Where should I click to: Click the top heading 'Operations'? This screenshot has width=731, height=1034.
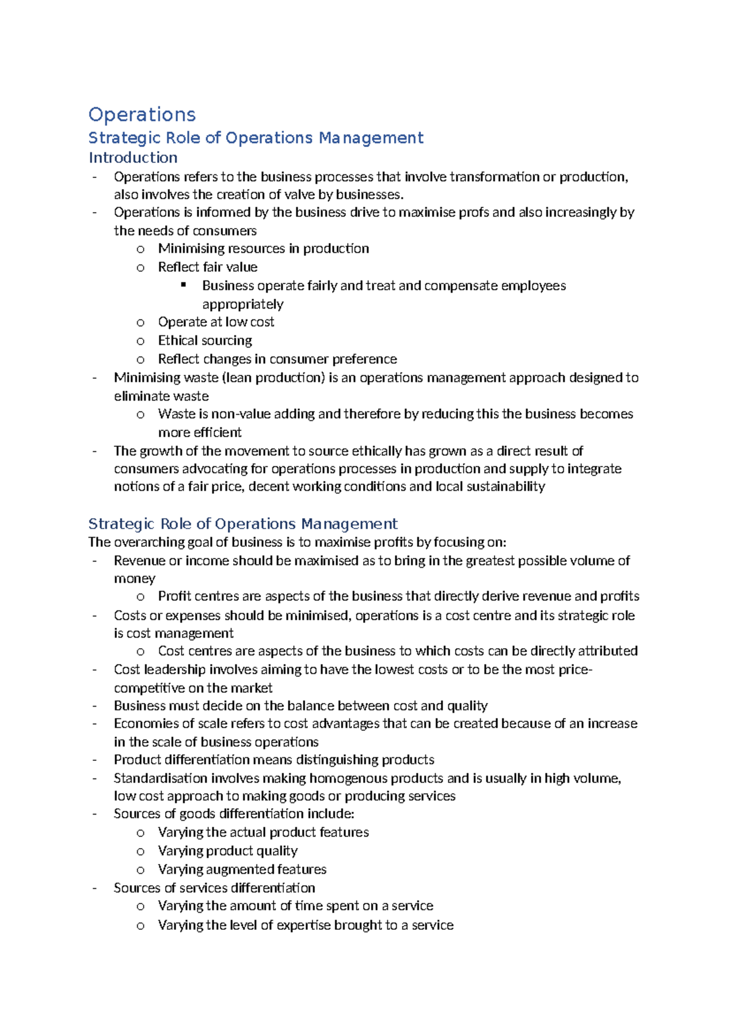click(142, 115)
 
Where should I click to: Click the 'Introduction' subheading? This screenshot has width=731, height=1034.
click(133, 157)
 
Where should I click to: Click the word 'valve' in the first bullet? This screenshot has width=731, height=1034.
click(299, 194)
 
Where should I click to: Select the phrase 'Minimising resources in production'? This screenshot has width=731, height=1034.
click(263, 248)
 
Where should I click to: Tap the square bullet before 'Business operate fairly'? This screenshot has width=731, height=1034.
click(183, 285)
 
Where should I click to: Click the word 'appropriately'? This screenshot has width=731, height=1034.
click(242, 304)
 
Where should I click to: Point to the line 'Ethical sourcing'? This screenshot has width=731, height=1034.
click(205, 340)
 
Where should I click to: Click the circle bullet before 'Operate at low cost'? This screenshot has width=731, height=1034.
click(141, 323)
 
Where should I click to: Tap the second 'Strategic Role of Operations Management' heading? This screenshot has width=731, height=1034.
click(242, 524)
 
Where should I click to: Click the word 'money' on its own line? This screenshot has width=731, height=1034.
click(135, 578)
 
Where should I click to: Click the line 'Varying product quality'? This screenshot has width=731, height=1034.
click(227, 850)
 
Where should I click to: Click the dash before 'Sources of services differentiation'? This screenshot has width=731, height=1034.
click(94, 888)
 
